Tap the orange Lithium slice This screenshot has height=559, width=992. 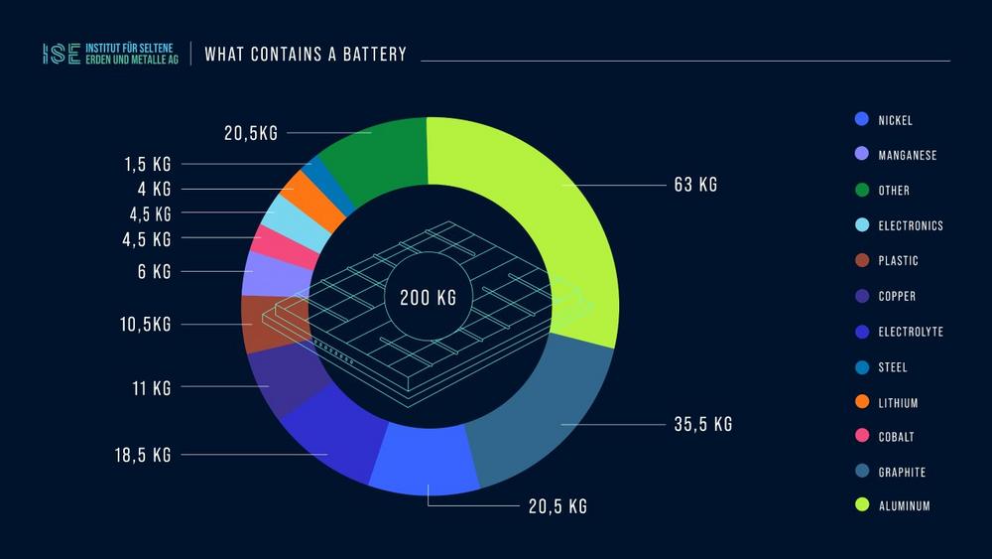click(x=299, y=193)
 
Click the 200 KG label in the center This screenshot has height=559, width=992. click(x=429, y=298)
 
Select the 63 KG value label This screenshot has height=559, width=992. click(x=694, y=185)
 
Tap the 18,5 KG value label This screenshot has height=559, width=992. click(x=143, y=455)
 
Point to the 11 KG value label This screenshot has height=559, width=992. click(x=151, y=387)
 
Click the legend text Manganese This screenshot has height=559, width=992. click(x=907, y=155)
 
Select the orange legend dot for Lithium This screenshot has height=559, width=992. click(x=861, y=402)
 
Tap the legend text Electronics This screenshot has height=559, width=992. click(x=911, y=225)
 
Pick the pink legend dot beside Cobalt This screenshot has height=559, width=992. click(x=861, y=437)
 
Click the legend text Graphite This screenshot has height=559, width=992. click(x=902, y=472)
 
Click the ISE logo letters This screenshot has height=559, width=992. click(x=62, y=54)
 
